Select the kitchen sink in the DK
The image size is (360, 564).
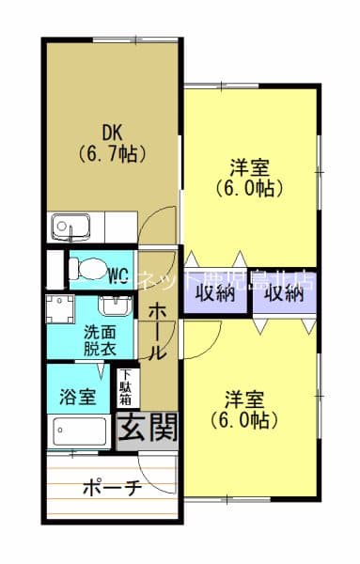pyautogui.click(x=68, y=226)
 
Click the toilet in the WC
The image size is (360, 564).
pyautogui.click(x=82, y=266)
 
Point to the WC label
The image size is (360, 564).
pyautogui.click(x=118, y=275)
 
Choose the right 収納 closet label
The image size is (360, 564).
pyautogui.click(x=283, y=292)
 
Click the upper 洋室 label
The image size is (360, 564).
pyautogui.click(x=250, y=169)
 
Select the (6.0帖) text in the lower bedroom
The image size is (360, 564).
pyautogui.click(x=245, y=419)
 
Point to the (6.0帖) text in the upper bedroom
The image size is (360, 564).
pyautogui.click(x=250, y=188)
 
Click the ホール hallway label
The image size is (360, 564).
pyautogui.click(x=157, y=329)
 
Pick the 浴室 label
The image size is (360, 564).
pyautogui.click(x=76, y=397)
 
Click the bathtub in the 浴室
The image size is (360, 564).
pyautogui.click(x=83, y=431)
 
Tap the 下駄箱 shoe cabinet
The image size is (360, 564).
pyautogui.click(x=125, y=387)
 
